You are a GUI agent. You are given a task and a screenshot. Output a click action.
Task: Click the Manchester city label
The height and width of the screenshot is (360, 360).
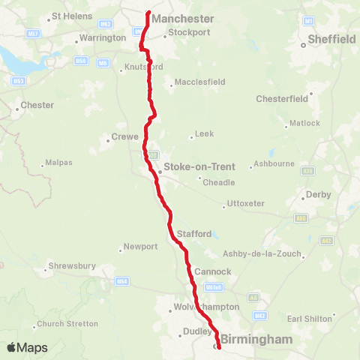[x=183, y=19]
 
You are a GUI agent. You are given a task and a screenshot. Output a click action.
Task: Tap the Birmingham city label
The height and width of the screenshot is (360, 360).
[x=256, y=340]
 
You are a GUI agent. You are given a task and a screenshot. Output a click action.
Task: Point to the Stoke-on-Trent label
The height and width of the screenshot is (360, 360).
[x=189, y=167]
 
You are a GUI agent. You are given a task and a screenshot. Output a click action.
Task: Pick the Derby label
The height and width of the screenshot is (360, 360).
[x=318, y=195]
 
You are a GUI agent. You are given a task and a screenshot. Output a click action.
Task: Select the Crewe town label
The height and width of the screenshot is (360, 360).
[x=124, y=136]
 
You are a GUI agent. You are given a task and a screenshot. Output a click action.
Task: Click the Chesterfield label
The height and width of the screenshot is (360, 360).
[x=282, y=98]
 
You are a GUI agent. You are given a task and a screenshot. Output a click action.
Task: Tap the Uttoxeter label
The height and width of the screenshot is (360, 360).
[x=247, y=204]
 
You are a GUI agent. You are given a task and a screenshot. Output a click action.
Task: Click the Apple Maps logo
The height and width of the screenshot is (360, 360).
[x=27, y=347]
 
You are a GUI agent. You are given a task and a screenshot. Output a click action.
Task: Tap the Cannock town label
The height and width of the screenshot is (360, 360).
[x=207, y=271]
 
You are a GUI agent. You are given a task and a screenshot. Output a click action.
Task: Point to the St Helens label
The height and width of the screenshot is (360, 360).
[x=70, y=16]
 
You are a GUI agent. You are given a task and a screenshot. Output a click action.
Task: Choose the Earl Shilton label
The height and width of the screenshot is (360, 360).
[x=309, y=319]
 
